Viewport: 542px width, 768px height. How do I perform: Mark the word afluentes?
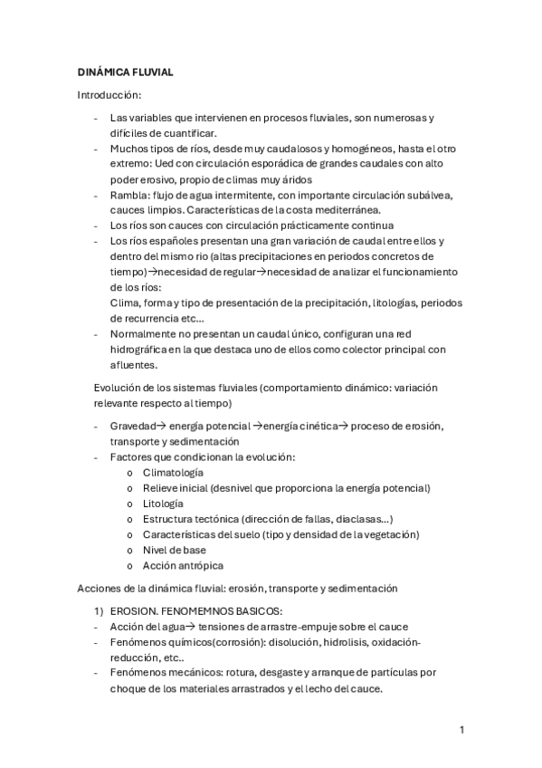pyautogui.click(x=134, y=365)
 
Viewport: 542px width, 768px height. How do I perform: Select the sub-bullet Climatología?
pyautogui.click(x=172, y=473)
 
